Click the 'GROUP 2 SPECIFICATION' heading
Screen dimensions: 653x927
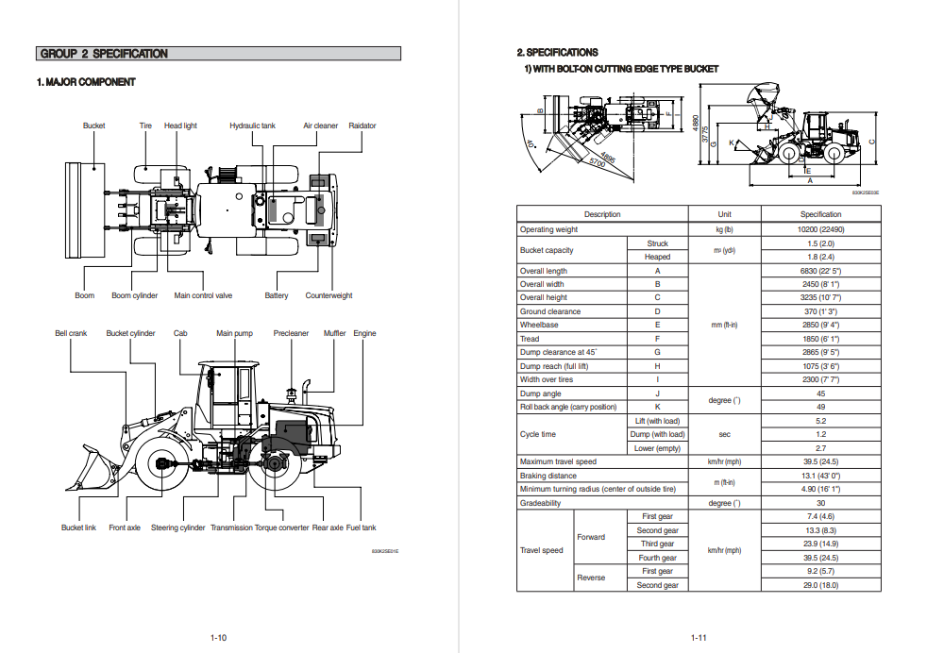pyautogui.click(x=105, y=54)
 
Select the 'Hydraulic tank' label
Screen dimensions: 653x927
pyautogui.click(x=253, y=126)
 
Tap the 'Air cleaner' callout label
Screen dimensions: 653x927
pyautogui.click(x=320, y=126)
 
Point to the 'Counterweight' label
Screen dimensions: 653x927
pyautogui.click(x=329, y=295)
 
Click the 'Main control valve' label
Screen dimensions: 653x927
pyautogui.click(x=203, y=295)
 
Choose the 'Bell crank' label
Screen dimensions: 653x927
pyautogui.click(x=71, y=333)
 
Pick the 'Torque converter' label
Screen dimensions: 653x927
pyautogui.click(x=281, y=527)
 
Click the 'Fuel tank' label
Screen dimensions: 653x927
pyautogui.click(x=361, y=527)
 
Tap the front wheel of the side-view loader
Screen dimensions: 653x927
pyautogui.click(x=158, y=463)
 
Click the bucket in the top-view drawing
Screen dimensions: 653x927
pyautogui.click(x=82, y=209)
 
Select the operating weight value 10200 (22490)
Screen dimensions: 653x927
pyautogui.click(x=820, y=229)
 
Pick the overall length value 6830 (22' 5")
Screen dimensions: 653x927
pyautogui.click(x=820, y=271)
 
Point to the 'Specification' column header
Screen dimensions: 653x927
pyautogui.click(x=820, y=214)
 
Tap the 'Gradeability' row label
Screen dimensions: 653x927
pyautogui.click(x=540, y=503)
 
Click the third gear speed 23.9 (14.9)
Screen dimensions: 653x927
pyautogui.click(x=820, y=544)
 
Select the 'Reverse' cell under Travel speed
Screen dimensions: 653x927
pyautogui.click(x=591, y=578)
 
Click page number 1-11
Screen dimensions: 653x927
pyautogui.click(x=699, y=638)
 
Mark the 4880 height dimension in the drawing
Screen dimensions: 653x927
pyautogui.click(x=696, y=124)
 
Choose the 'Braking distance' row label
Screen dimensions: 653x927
pyautogui.click(x=548, y=476)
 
